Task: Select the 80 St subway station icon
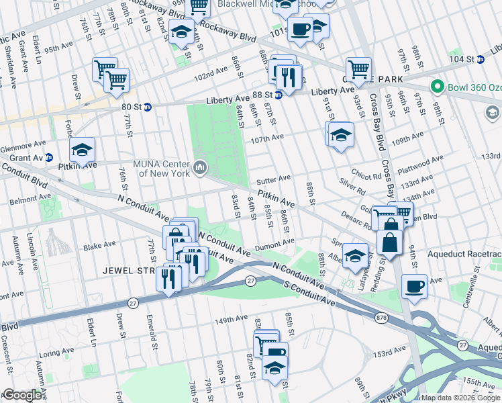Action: tap(148, 106)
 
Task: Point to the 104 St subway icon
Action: tap(481, 59)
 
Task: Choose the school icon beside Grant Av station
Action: tap(82, 149)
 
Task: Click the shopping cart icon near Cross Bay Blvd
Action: tap(358, 69)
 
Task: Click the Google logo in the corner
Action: tap(21, 395)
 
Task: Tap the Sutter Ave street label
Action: tap(274, 179)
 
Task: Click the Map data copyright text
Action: tap(460, 397)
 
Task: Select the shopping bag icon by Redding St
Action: tap(389, 242)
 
